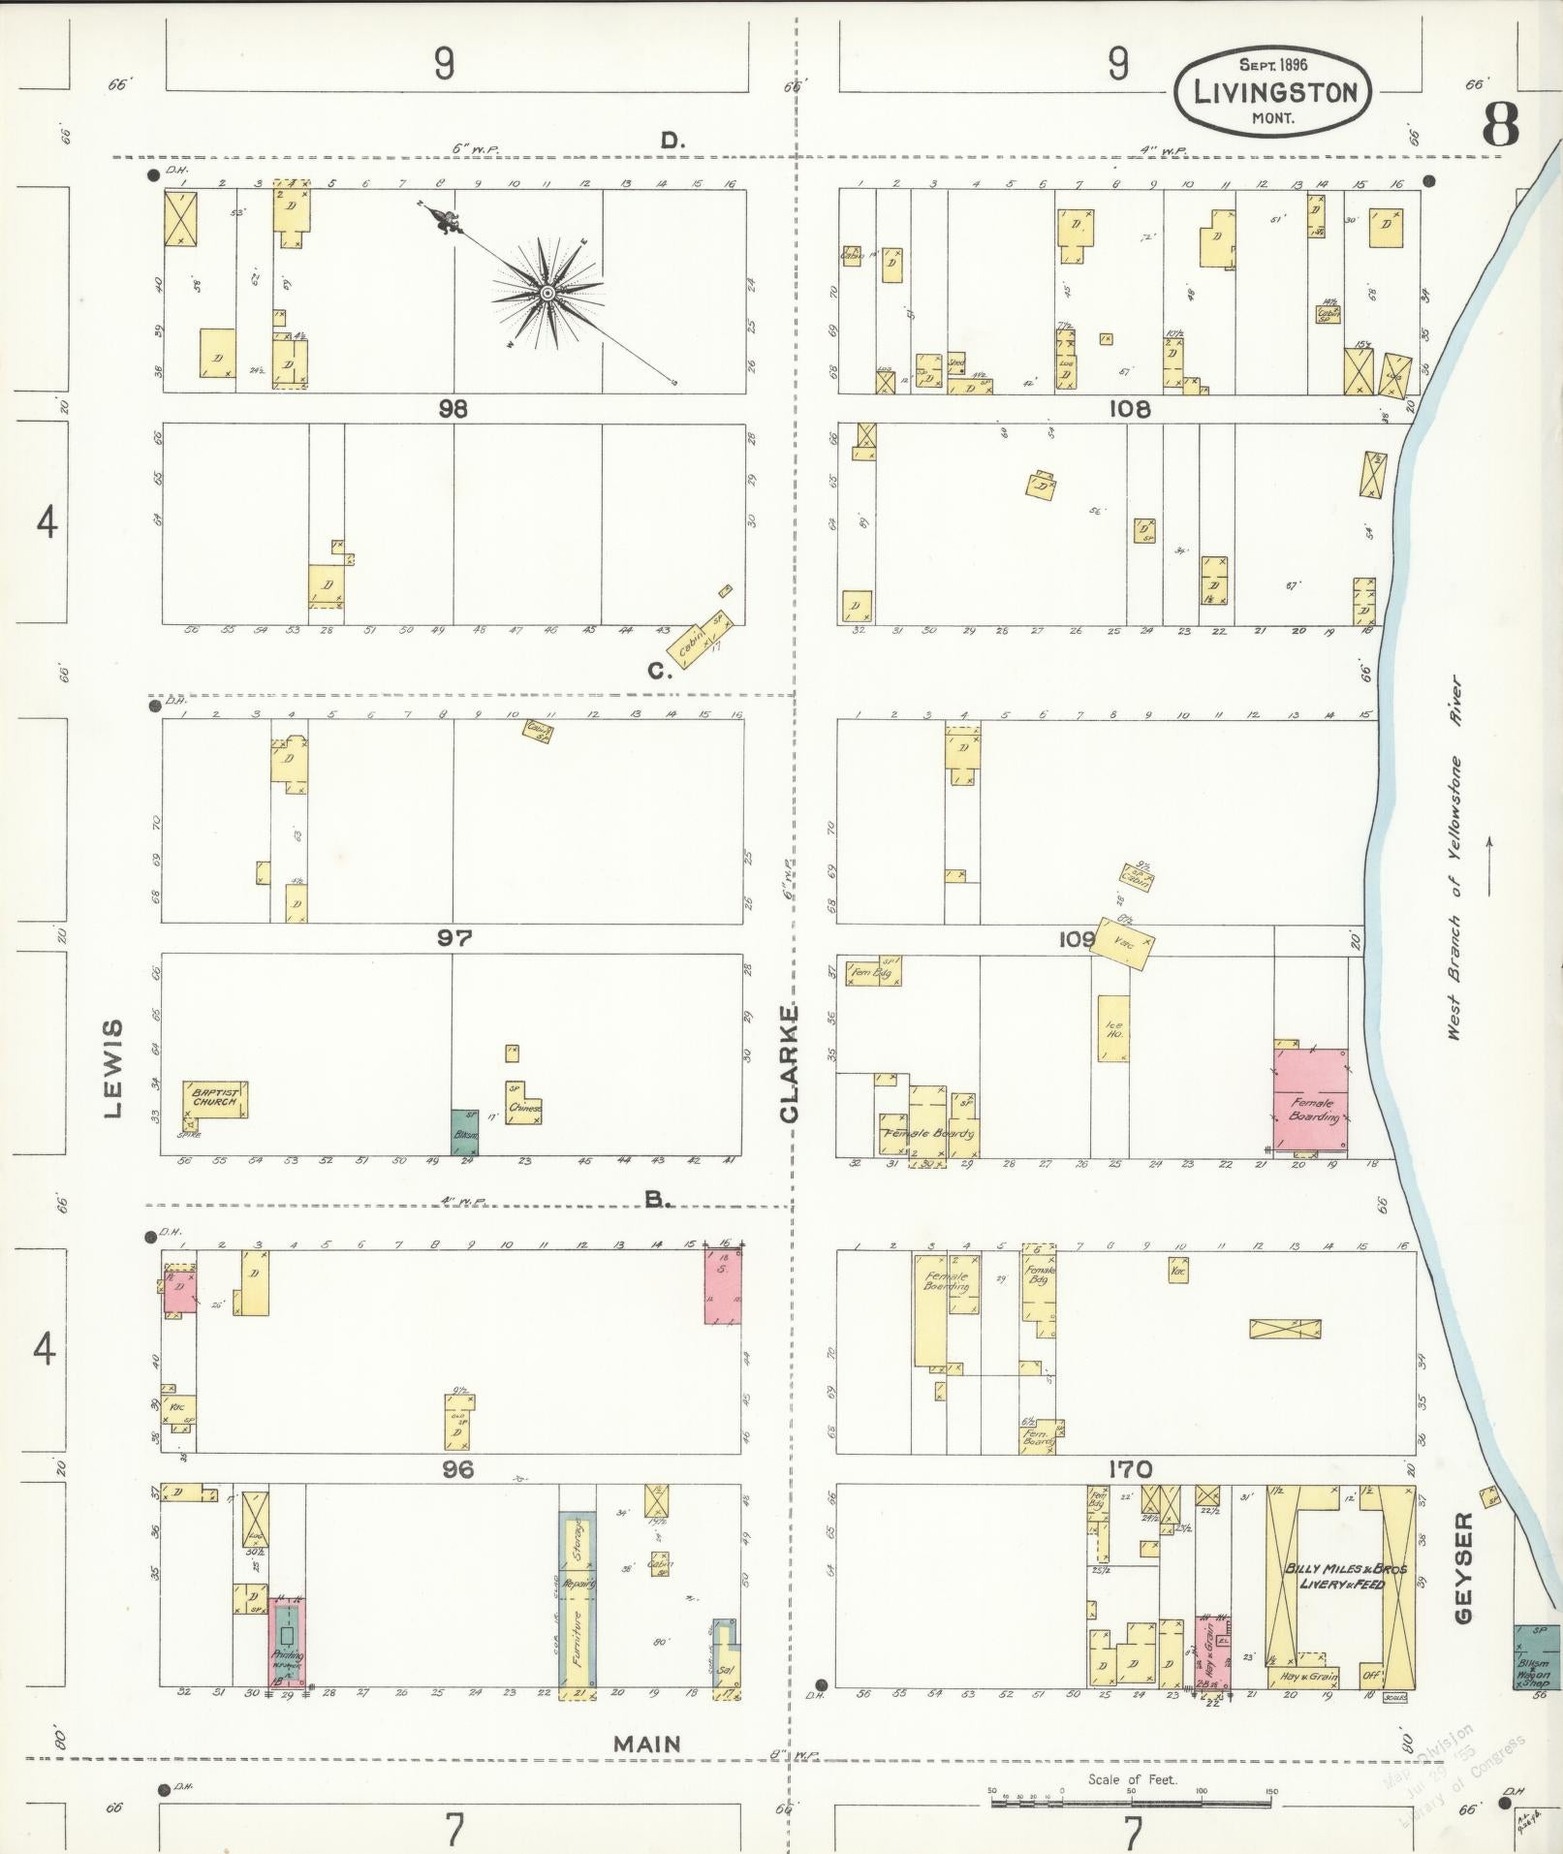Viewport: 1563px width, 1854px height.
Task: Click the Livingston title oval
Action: [x=1273, y=94]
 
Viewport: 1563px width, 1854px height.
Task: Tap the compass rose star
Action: [x=547, y=293]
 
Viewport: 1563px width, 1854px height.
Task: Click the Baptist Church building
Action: [x=215, y=1099]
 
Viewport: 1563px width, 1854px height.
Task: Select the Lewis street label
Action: [x=114, y=1068]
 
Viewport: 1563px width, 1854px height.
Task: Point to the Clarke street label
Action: [x=789, y=1064]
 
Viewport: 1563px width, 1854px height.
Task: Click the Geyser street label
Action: [x=1462, y=1581]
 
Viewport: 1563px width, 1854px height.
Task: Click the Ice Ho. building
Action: [x=1113, y=1028]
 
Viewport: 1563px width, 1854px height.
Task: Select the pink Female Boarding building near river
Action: [x=1310, y=1100]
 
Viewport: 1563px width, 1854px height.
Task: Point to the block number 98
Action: [x=453, y=409]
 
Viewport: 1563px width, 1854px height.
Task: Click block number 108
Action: [x=1130, y=409]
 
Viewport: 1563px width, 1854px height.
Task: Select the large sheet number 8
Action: [x=1499, y=124]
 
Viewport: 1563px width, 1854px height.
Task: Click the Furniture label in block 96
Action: [x=577, y=1638]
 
